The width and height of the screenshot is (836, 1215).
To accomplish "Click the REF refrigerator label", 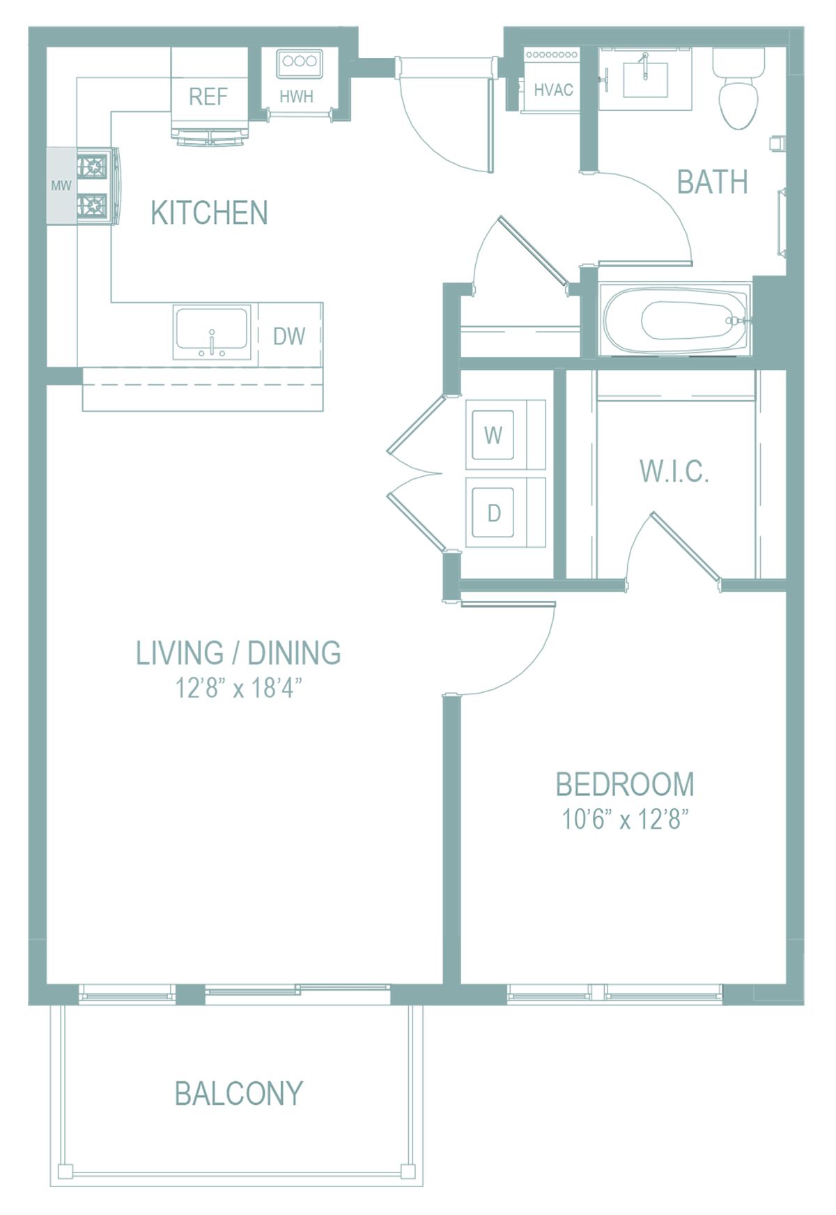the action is [208, 97].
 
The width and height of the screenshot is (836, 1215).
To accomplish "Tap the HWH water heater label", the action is [297, 97].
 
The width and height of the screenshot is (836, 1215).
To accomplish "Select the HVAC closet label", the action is [554, 90].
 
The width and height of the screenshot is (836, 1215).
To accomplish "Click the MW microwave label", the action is [61, 185].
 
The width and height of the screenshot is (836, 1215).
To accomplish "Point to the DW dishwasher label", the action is [289, 337].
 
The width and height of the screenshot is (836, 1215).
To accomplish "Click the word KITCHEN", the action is [209, 213].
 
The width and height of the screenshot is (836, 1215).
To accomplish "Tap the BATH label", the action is [713, 183].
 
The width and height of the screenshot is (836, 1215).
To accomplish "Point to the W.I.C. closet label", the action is [674, 472].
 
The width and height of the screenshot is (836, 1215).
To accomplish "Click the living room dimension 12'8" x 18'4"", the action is [238, 688].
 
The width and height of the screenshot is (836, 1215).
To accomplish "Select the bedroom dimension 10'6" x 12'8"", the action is [625, 819].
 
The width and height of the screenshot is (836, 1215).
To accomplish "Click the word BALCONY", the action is [239, 1094].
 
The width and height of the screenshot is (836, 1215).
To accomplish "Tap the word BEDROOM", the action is [625, 785].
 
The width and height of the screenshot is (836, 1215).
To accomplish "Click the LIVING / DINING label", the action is [238, 654].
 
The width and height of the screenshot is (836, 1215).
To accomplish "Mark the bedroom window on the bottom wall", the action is [615, 993].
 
